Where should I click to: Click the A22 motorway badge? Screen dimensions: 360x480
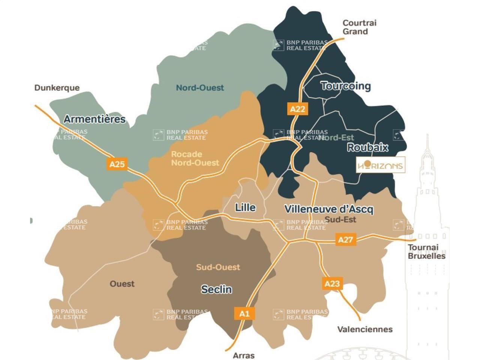coord(297,109)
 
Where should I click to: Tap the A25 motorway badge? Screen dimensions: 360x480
coord(117,164)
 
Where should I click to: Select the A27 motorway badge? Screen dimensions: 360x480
coord(345,239)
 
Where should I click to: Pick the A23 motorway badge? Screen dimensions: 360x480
coord(332,283)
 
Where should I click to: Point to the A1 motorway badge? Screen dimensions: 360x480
coord(244,313)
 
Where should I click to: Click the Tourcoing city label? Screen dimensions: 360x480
coord(346,86)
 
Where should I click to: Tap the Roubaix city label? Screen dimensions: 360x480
coord(367,147)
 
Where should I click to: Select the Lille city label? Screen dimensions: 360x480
coord(245,207)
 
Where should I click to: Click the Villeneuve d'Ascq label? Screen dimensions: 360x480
coord(328,209)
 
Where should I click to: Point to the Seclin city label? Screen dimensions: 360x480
coord(216,289)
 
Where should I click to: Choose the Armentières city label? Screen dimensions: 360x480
coord(94,119)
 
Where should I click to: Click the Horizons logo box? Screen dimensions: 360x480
coord(381,165)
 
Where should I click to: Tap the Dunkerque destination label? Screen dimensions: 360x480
coord(57,88)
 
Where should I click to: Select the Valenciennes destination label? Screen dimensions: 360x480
coord(365,329)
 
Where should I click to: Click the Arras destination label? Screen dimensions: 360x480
coord(244,355)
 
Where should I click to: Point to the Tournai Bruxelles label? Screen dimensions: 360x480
coord(426,252)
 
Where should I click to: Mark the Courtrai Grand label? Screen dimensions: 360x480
coord(359,27)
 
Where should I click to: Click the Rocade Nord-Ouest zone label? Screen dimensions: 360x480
coord(195,158)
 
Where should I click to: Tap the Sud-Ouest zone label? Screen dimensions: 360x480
coord(218,267)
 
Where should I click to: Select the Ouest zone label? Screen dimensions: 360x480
coord(122,283)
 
